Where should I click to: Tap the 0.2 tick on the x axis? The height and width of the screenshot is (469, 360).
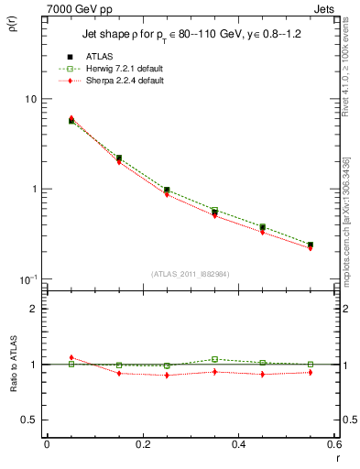[x=142, y=444]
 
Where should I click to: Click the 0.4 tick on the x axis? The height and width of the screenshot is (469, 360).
[x=238, y=444]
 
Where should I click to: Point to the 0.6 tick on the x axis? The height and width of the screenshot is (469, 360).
[x=333, y=444]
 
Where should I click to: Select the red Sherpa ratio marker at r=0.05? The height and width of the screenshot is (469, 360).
[x=71, y=358]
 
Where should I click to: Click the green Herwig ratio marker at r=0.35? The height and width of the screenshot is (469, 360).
[x=214, y=359]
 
